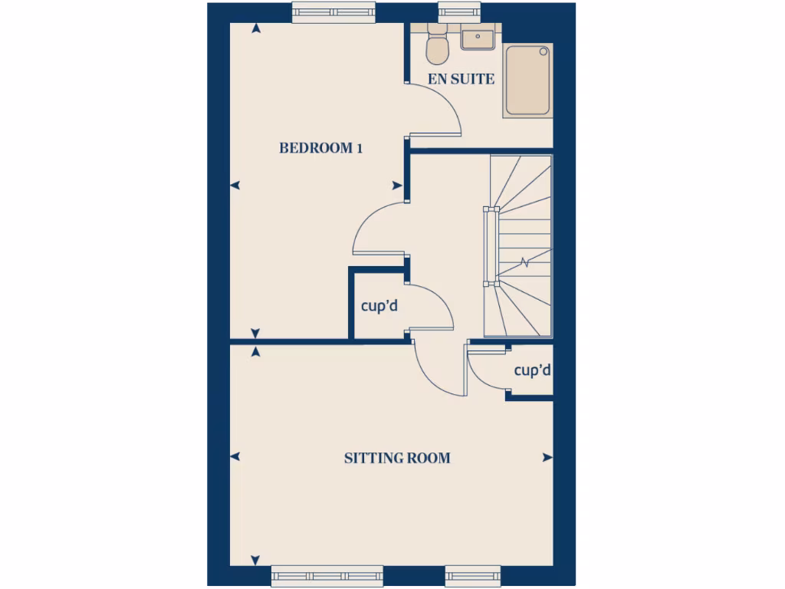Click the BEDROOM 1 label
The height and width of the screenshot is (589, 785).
pos(320,148)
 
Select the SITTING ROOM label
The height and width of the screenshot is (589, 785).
pos(397,459)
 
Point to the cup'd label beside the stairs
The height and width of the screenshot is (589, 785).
pos(533,371)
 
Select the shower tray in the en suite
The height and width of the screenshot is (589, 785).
pos(527,81)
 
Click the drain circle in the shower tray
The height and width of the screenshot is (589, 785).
pos(544,52)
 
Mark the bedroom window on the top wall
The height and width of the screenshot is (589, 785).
pos(334,12)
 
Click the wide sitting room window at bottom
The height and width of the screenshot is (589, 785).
pos(327,576)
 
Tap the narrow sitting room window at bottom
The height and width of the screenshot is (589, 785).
pos(473,576)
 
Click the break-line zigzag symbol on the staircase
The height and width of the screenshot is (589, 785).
pos(525,263)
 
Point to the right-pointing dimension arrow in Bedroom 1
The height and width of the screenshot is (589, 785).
pos(397,186)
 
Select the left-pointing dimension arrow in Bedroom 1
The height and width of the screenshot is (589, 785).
pos(235,186)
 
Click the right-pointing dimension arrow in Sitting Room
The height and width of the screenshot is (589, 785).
pos(547,457)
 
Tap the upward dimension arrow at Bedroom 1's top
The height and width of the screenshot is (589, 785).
pos(255,28)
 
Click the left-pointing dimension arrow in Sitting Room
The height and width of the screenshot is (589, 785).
pos(235,457)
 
